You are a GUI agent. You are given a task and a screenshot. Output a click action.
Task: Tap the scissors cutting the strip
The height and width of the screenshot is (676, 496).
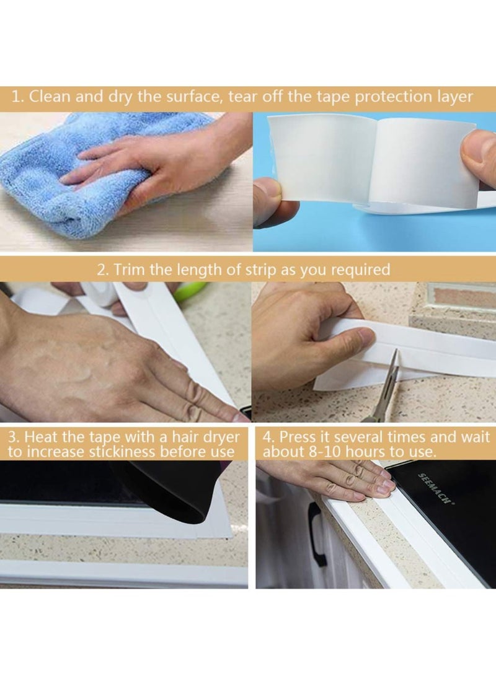point(382,386)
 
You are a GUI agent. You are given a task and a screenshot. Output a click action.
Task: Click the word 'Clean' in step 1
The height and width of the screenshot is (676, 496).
point(49,97)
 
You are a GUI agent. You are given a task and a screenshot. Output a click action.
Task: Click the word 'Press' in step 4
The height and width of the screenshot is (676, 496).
point(299,437)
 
